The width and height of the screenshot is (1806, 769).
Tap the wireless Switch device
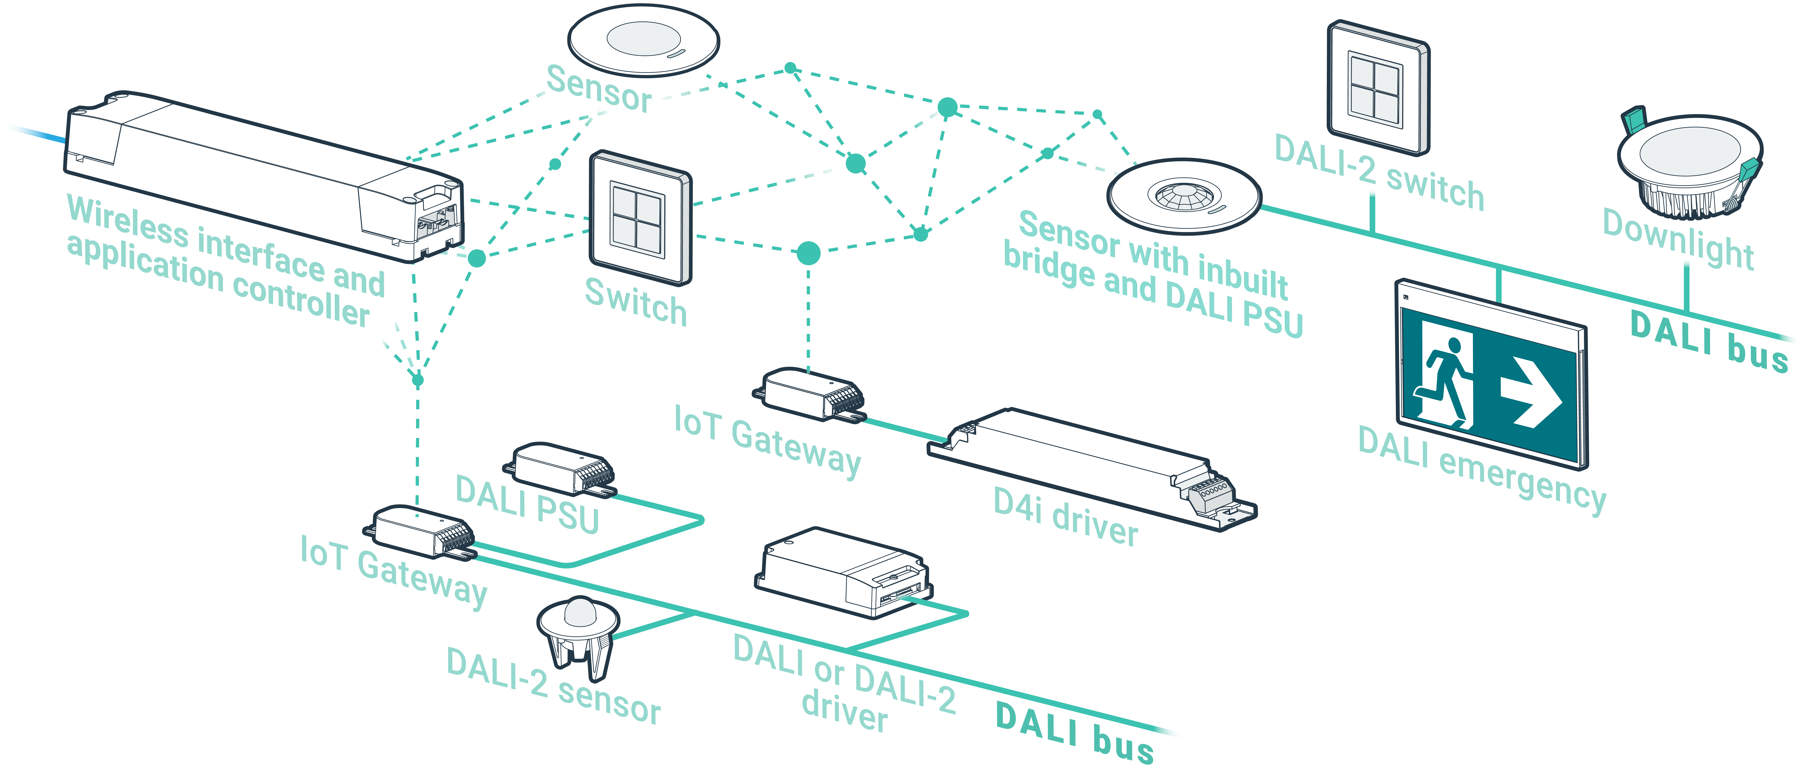pos(640,217)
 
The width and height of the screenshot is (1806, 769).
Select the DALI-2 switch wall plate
pos(1378,88)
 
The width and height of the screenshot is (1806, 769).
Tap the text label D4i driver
pos(1066,517)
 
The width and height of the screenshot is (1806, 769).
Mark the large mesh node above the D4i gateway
pos(808,253)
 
